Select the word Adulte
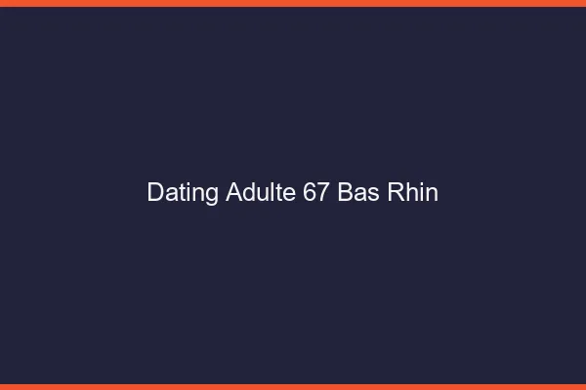coord(261,193)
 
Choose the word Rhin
coord(413,193)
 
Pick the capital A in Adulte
coord(233,193)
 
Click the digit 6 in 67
coord(310,193)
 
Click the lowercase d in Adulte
coord(249,193)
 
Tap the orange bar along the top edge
coord(293,3)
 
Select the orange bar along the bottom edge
coord(293,387)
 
